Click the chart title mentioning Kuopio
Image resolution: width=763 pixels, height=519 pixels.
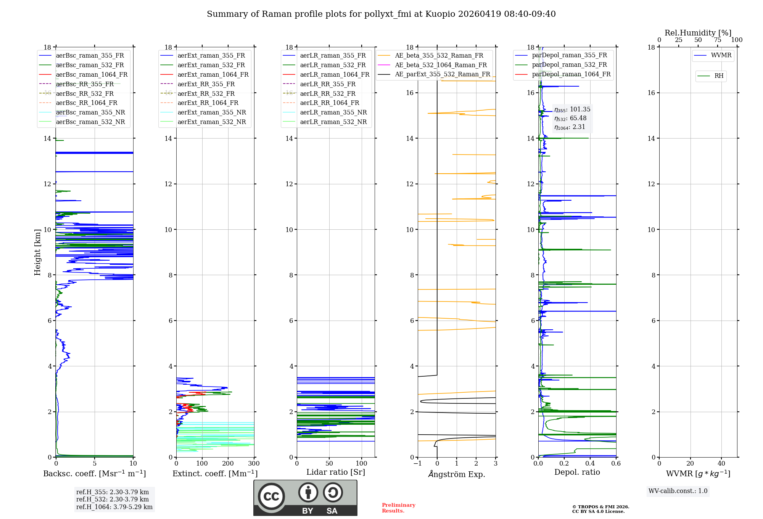coord(381,14)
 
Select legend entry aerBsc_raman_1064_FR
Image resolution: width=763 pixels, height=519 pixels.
coord(92,75)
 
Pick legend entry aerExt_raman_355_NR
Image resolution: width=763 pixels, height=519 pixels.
coord(212,113)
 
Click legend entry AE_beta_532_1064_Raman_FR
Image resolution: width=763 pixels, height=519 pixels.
coord(441,65)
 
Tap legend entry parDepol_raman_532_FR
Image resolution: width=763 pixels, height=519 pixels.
coord(569,65)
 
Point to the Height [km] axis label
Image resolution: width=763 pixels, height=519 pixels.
coord(37,252)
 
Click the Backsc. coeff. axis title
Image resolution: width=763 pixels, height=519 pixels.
coord(94,474)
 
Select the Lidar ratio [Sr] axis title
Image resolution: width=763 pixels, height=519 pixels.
coord(335,472)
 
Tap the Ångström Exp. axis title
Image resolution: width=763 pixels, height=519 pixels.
coord(456,474)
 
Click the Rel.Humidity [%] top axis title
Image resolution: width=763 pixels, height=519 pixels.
coord(698,33)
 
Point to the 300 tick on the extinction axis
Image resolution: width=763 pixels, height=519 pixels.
coord(254,464)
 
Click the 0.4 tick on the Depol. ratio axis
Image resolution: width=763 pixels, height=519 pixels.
coord(590,464)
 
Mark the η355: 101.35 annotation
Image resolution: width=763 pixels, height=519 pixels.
coord(572,110)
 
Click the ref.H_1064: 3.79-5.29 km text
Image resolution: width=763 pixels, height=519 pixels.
coord(114,507)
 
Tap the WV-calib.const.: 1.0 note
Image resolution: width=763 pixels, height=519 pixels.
coord(678,491)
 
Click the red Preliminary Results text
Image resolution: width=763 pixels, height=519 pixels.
coord(398,508)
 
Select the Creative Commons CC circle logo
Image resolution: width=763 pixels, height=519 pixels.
coord(271,496)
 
